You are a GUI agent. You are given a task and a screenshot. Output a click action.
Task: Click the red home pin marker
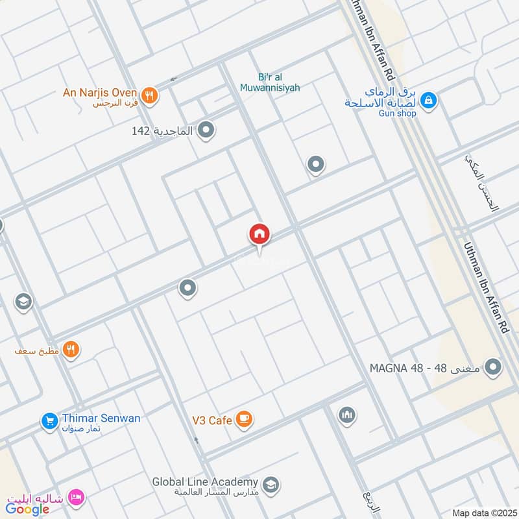[259, 234]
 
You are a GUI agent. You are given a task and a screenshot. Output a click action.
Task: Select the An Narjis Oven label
[99, 92]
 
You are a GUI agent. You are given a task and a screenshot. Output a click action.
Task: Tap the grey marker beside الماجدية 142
[206, 131]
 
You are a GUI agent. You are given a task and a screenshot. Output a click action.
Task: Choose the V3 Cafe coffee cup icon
[244, 420]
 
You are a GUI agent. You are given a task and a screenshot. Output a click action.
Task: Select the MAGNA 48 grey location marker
[494, 368]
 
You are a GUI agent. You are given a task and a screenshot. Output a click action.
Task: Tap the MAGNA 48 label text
[425, 368]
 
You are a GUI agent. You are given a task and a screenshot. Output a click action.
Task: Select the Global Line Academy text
[205, 483]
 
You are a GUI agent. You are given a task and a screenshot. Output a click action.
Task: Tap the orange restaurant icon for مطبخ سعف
[72, 350]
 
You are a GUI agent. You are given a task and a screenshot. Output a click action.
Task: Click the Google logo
[28, 509]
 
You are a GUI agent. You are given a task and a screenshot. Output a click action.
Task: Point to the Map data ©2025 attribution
[483, 513]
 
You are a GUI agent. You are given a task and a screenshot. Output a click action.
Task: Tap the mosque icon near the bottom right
[347, 415]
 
